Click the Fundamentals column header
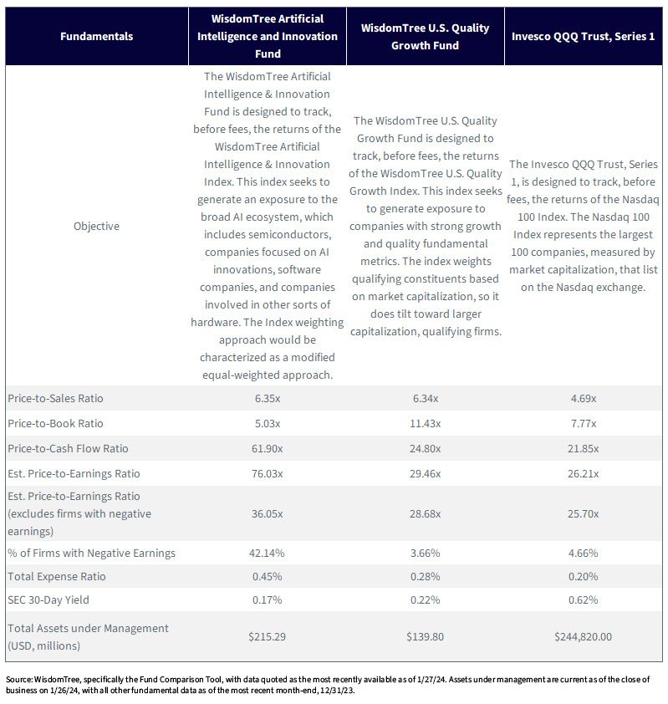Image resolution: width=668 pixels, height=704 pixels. [x=96, y=36]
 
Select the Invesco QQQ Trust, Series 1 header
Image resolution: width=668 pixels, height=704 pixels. [x=584, y=36]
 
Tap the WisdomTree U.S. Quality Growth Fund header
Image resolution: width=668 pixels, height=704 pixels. [x=426, y=36]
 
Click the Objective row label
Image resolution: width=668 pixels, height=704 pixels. [x=96, y=226]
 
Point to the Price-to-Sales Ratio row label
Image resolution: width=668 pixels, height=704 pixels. [x=55, y=398]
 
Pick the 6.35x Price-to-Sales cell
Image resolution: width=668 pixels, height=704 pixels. [x=268, y=398]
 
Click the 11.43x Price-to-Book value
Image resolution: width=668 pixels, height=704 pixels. [x=426, y=423]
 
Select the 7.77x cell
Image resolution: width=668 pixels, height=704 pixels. [x=584, y=423]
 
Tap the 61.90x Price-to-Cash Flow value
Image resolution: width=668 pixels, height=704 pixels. [x=267, y=448]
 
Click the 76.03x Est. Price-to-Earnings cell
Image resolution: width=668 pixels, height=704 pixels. [x=267, y=474]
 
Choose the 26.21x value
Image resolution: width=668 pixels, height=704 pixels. [x=584, y=474]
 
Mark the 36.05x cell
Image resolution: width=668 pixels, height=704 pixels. [x=267, y=513]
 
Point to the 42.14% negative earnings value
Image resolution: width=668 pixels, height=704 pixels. [x=267, y=554]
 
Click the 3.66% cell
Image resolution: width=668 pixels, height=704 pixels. [x=426, y=554]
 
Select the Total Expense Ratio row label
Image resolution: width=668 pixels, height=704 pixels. [x=57, y=576]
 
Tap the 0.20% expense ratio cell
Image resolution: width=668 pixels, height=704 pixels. [x=584, y=576]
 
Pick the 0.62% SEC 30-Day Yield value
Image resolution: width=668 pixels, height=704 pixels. [x=584, y=599]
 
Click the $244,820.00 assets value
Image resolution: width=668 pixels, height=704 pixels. [x=584, y=636]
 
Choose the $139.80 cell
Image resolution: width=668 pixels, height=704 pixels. [x=426, y=636]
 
